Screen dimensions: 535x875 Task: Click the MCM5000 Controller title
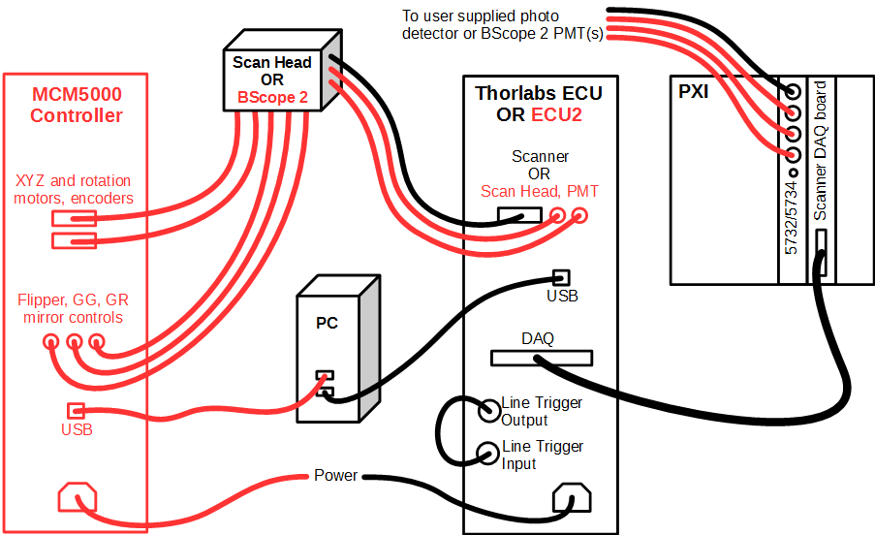[x=76, y=106]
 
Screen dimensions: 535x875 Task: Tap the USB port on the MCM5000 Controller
[x=76, y=410]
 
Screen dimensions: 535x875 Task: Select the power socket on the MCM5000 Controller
[x=78, y=498]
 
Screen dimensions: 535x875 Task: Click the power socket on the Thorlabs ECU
[x=572, y=501]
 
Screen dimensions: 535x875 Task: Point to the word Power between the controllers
[x=335, y=476]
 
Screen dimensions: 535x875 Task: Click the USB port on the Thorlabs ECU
[x=559, y=276]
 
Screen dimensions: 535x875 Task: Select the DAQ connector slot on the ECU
[x=539, y=358]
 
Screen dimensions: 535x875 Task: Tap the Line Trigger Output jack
[x=487, y=411]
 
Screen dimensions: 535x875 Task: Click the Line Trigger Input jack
[x=487, y=453]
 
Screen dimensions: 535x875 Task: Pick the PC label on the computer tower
[x=327, y=323]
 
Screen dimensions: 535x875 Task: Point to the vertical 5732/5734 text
[x=791, y=219]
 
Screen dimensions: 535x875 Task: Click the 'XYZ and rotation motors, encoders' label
[x=74, y=189]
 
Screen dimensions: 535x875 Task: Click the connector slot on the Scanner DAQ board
[x=820, y=252]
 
